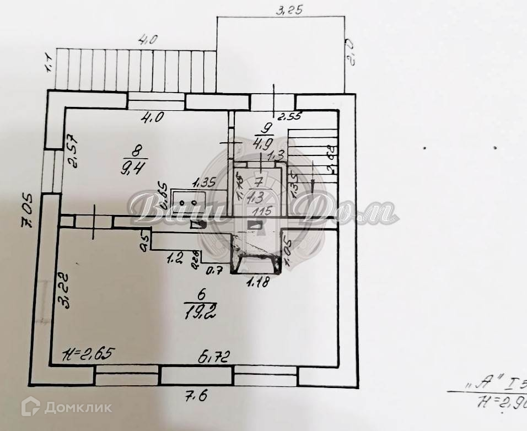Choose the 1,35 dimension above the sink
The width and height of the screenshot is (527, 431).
pos(202,182)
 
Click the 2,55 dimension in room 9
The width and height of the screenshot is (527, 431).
pos(288,116)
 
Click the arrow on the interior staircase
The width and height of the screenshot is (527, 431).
pos(313,185)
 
